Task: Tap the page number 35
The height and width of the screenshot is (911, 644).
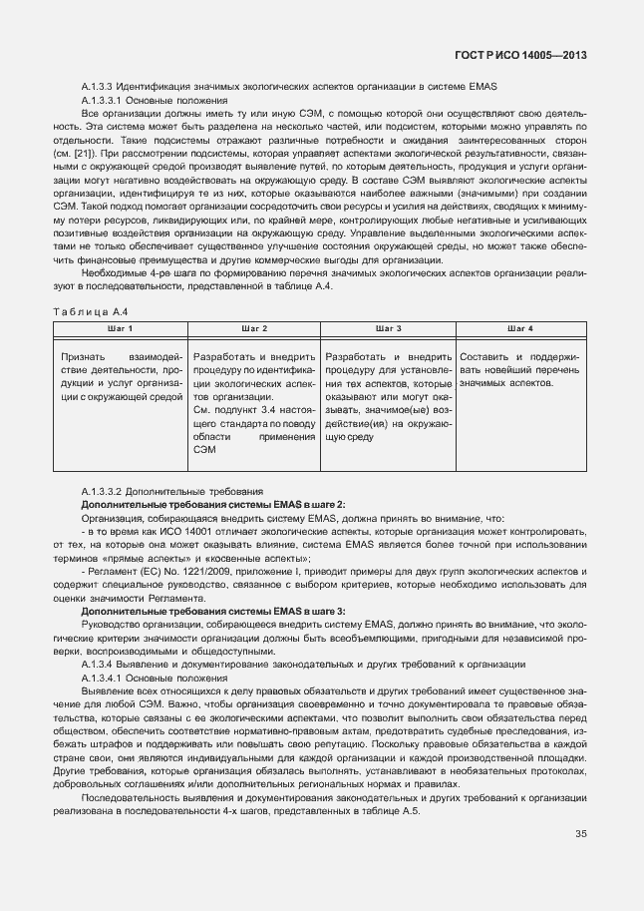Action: (x=580, y=834)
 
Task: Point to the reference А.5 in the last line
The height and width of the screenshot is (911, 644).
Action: (x=409, y=809)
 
